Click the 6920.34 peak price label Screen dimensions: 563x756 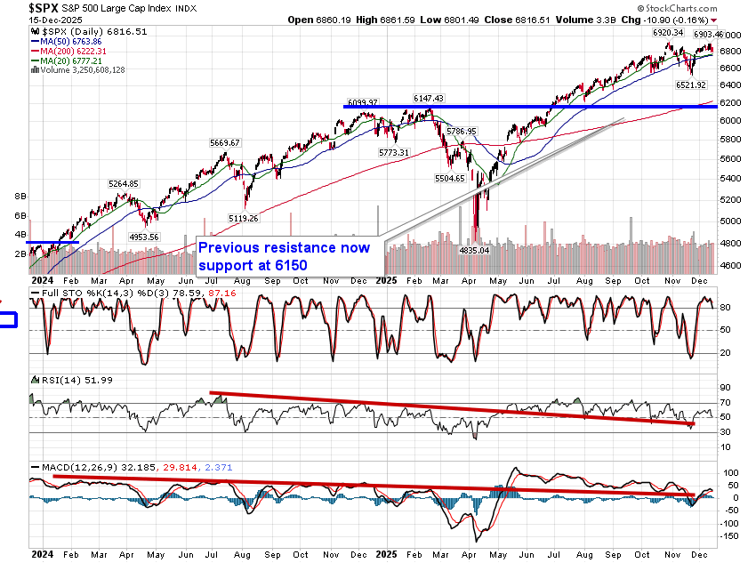667,32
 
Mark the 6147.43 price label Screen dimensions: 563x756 428,99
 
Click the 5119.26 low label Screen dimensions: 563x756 242,218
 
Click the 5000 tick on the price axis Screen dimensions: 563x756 731,221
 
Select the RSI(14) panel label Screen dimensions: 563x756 59,381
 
